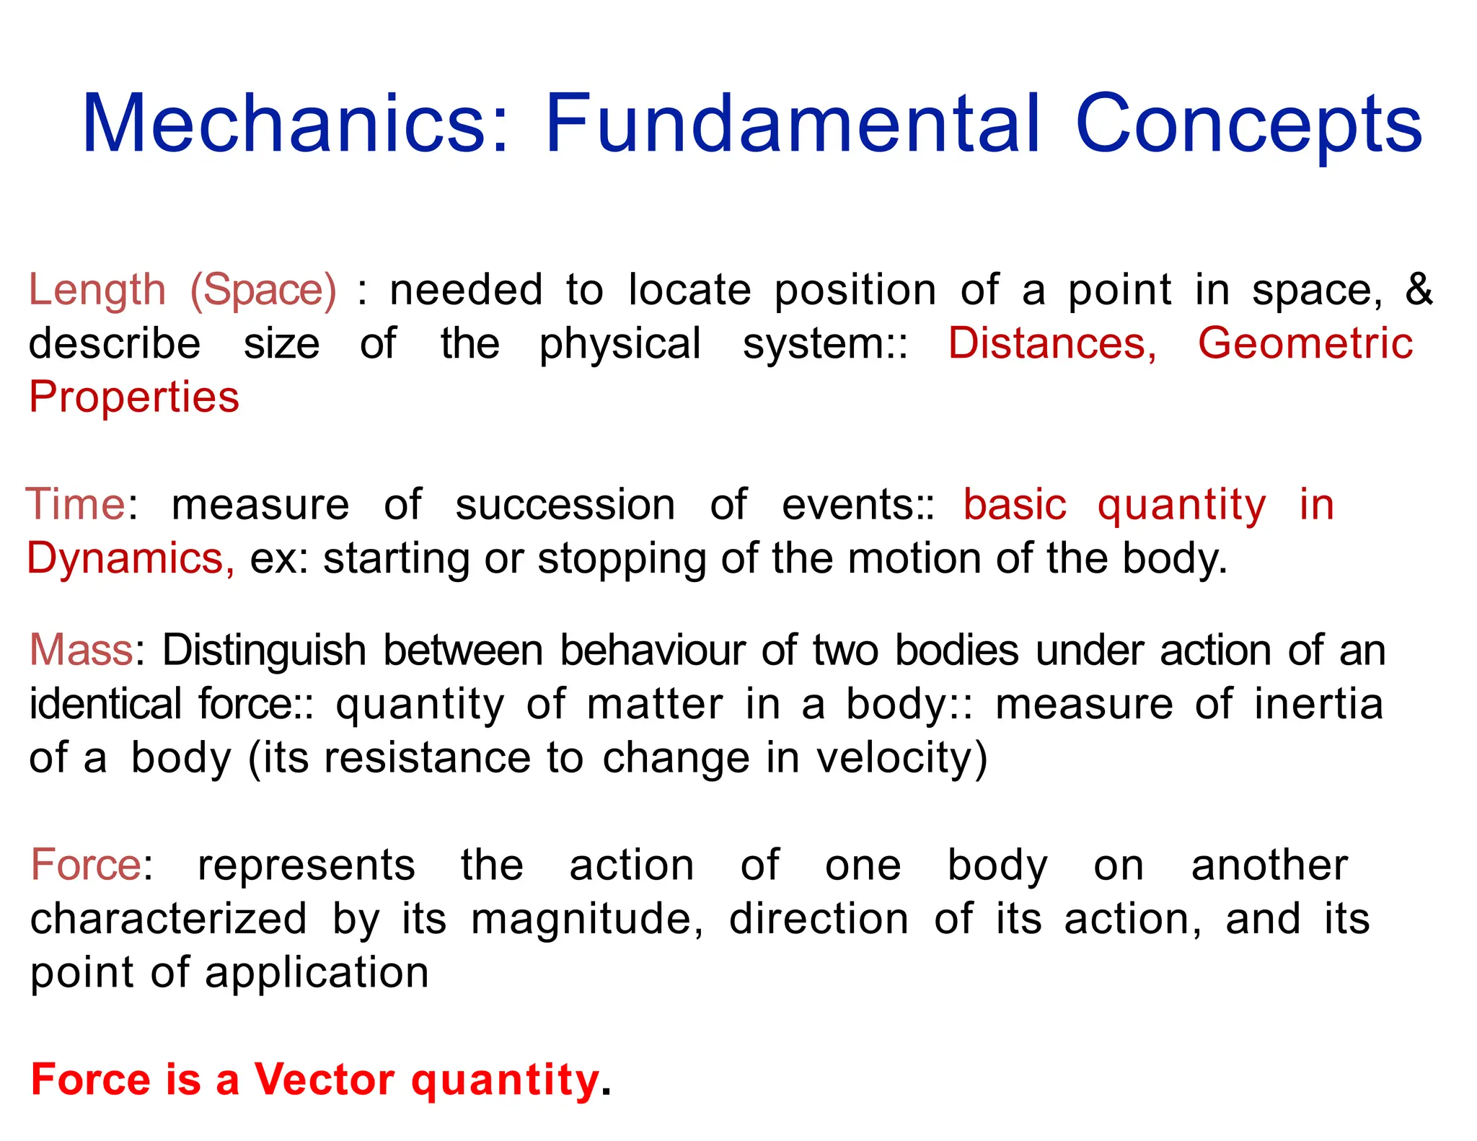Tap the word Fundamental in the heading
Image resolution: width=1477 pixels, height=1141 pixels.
pyautogui.click(x=793, y=123)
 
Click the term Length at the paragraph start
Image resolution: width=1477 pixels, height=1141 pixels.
pyautogui.click(x=97, y=291)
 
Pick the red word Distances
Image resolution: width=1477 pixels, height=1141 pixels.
pyautogui.click(x=1052, y=343)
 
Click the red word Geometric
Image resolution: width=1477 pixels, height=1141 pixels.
pyautogui.click(x=1305, y=343)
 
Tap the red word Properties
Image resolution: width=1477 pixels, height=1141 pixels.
pyautogui.click(x=134, y=397)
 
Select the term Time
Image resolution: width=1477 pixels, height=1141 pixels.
pyautogui.click(x=76, y=504)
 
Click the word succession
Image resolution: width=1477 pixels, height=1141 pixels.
pyautogui.click(x=565, y=504)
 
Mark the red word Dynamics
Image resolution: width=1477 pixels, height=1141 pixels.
pyautogui.click(x=131, y=558)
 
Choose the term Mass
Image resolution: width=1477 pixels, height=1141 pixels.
pyautogui.click(x=81, y=650)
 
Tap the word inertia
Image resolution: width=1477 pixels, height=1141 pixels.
pyautogui.click(x=1319, y=704)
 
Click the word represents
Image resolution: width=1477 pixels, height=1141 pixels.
pyautogui.click(x=307, y=865)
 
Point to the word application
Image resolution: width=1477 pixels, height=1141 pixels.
pyautogui.click(x=317, y=974)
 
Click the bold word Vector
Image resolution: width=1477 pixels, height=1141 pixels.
pyautogui.click(x=325, y=1080)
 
